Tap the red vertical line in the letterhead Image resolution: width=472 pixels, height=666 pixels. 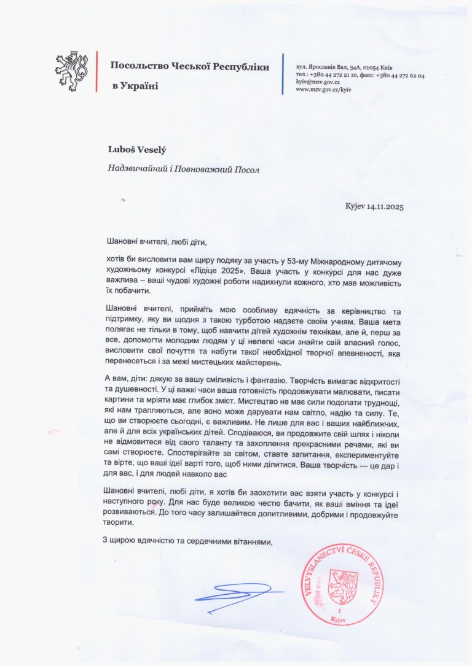96,72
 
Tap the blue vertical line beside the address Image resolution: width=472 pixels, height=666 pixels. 283,74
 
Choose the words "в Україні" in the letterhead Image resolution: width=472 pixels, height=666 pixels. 135,86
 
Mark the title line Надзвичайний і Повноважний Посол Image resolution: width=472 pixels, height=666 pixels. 179,169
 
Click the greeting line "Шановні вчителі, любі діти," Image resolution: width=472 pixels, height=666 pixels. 155,242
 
